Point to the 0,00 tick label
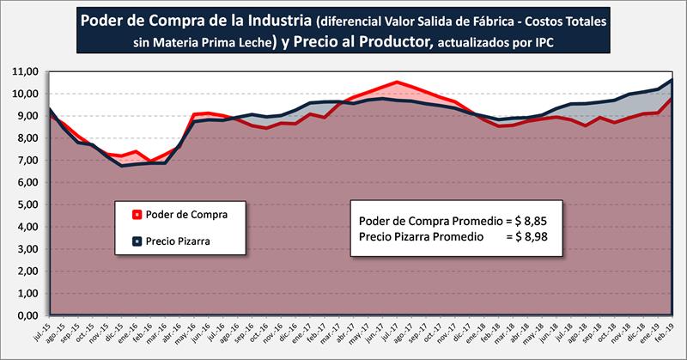(25, 315)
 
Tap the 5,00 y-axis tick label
(25, 204)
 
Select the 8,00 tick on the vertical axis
(25, 138)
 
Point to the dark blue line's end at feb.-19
(671, 80)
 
